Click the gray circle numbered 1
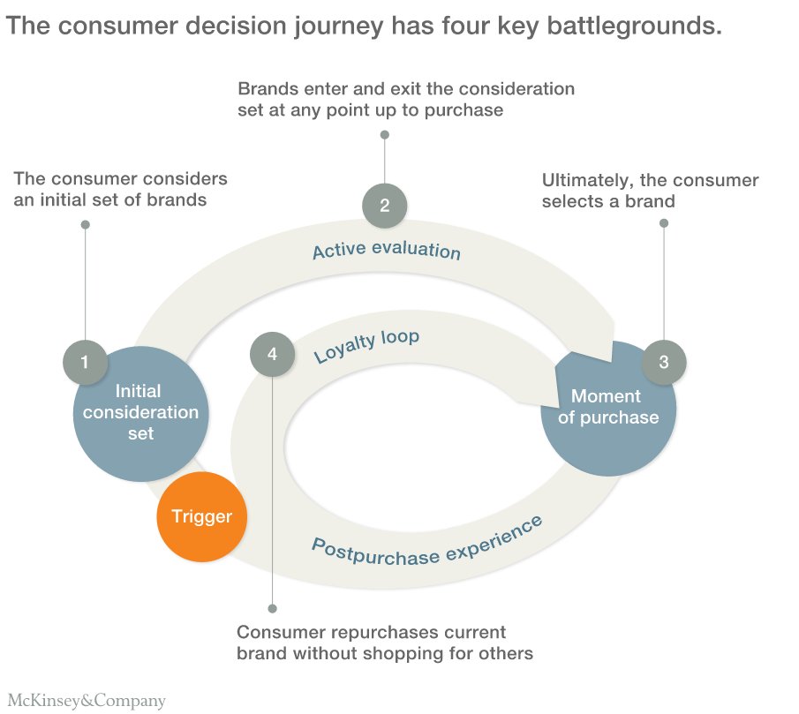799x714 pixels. tap(85, 362)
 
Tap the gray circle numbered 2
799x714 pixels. tap(384, 206)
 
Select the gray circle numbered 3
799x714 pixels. tap(664, 361)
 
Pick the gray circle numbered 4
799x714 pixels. tap(272, 354)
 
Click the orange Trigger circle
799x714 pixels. tap(201, 517)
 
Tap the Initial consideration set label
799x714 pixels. tap(140, 412)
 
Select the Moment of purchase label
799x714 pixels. tap(607, 407)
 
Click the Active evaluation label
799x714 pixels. tap(387, 250)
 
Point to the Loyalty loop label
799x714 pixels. tap(366, 347)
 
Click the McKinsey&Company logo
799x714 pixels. tap(86, 702)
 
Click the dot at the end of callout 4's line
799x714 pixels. tap(272, 609)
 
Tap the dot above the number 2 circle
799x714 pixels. tap(384, 135)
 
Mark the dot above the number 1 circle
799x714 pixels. tap(86, 225)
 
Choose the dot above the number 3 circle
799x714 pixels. tap(664, 223)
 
